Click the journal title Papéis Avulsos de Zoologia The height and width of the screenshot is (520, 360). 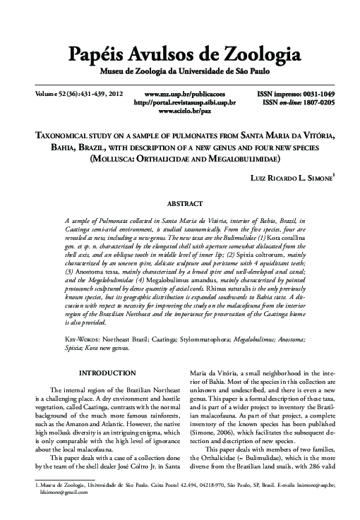(x=180, y=56)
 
